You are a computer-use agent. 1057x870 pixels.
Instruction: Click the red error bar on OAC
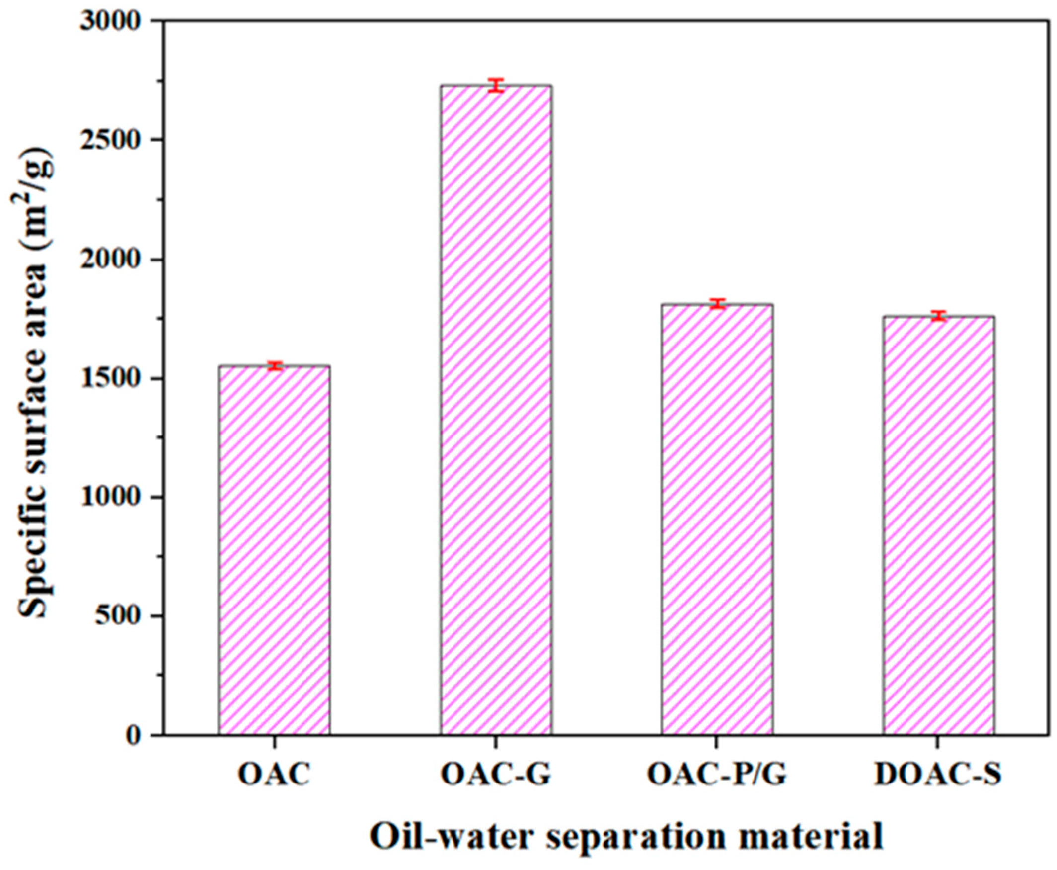274,366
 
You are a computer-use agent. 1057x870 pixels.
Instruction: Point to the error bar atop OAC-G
496,86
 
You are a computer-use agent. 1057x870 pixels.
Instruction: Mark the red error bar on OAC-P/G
717,304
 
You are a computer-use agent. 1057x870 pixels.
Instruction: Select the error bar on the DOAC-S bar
938,316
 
